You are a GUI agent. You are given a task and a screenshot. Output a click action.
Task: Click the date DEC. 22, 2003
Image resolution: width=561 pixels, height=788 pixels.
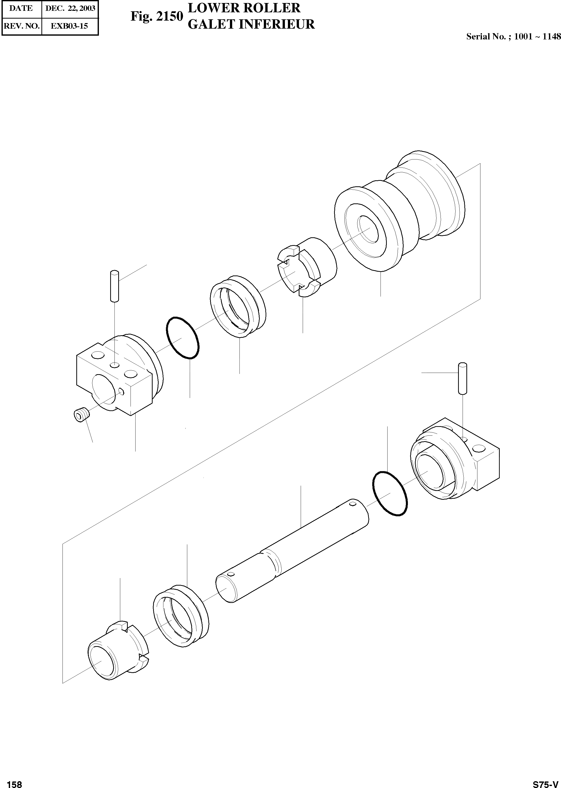[70, 9]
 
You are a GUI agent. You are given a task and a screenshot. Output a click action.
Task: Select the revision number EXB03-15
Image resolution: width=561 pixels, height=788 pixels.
[70, 26]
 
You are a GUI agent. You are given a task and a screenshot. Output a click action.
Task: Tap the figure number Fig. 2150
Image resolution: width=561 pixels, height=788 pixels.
[156, 16]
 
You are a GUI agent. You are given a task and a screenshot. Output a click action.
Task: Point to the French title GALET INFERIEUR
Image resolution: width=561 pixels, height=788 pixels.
[251, 24]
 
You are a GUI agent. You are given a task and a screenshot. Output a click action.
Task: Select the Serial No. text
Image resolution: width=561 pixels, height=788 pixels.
[513, 36]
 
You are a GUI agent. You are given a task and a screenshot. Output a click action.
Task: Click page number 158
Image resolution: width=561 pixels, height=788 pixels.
[14, 782]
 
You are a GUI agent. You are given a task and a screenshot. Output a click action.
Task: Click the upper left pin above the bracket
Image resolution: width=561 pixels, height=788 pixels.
[115, 287]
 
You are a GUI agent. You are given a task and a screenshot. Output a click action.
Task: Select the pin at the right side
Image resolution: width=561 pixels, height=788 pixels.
[462, 378]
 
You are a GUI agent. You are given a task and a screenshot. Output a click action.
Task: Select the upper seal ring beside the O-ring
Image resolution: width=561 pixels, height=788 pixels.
[238, 306]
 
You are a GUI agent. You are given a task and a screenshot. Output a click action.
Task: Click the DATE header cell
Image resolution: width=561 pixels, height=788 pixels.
[21, 9]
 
